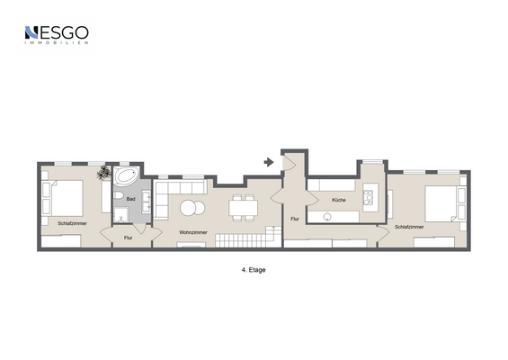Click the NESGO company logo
[56, 35]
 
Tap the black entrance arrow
[268, 162]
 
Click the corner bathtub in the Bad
[125, 175]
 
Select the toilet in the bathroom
[118, 197]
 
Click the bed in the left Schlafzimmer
[64, 197]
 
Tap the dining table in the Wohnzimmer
[243, 208]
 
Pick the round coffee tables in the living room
[192, 208]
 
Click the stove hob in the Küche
[369, 200]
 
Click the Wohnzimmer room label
[192, 232]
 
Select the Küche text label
[338, 200]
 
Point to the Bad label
[130, 199]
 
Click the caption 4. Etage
[254, 268]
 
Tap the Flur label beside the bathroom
[128, 237]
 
